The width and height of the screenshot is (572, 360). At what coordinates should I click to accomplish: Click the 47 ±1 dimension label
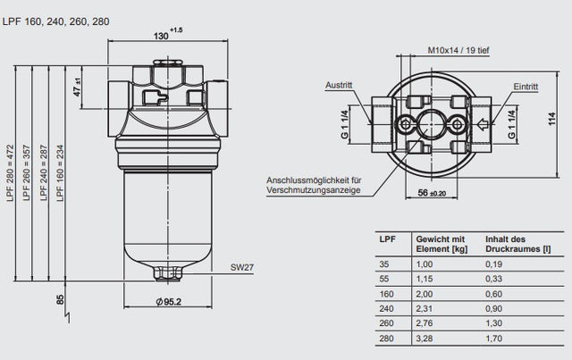coord(78,87)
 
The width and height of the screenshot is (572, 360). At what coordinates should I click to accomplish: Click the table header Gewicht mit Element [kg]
coord(440,245)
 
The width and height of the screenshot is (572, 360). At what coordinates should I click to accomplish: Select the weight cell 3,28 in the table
coord(425,339)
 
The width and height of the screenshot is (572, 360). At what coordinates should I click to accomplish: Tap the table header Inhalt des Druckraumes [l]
coord(515,245)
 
